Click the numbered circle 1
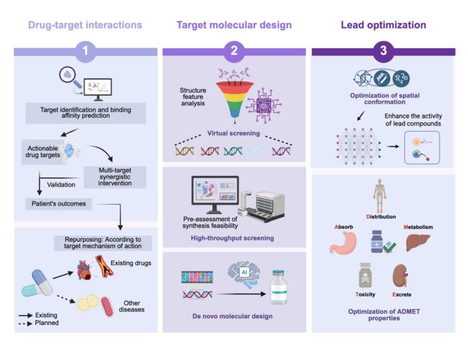coord(86,51)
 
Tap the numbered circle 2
coord(234,51)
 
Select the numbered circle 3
coord(383,51)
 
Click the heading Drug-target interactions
coord(85,25)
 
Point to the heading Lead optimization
coord(383,25)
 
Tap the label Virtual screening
coord(233,132)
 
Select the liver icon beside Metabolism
coord(418,242)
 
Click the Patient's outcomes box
coord(57,203)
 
